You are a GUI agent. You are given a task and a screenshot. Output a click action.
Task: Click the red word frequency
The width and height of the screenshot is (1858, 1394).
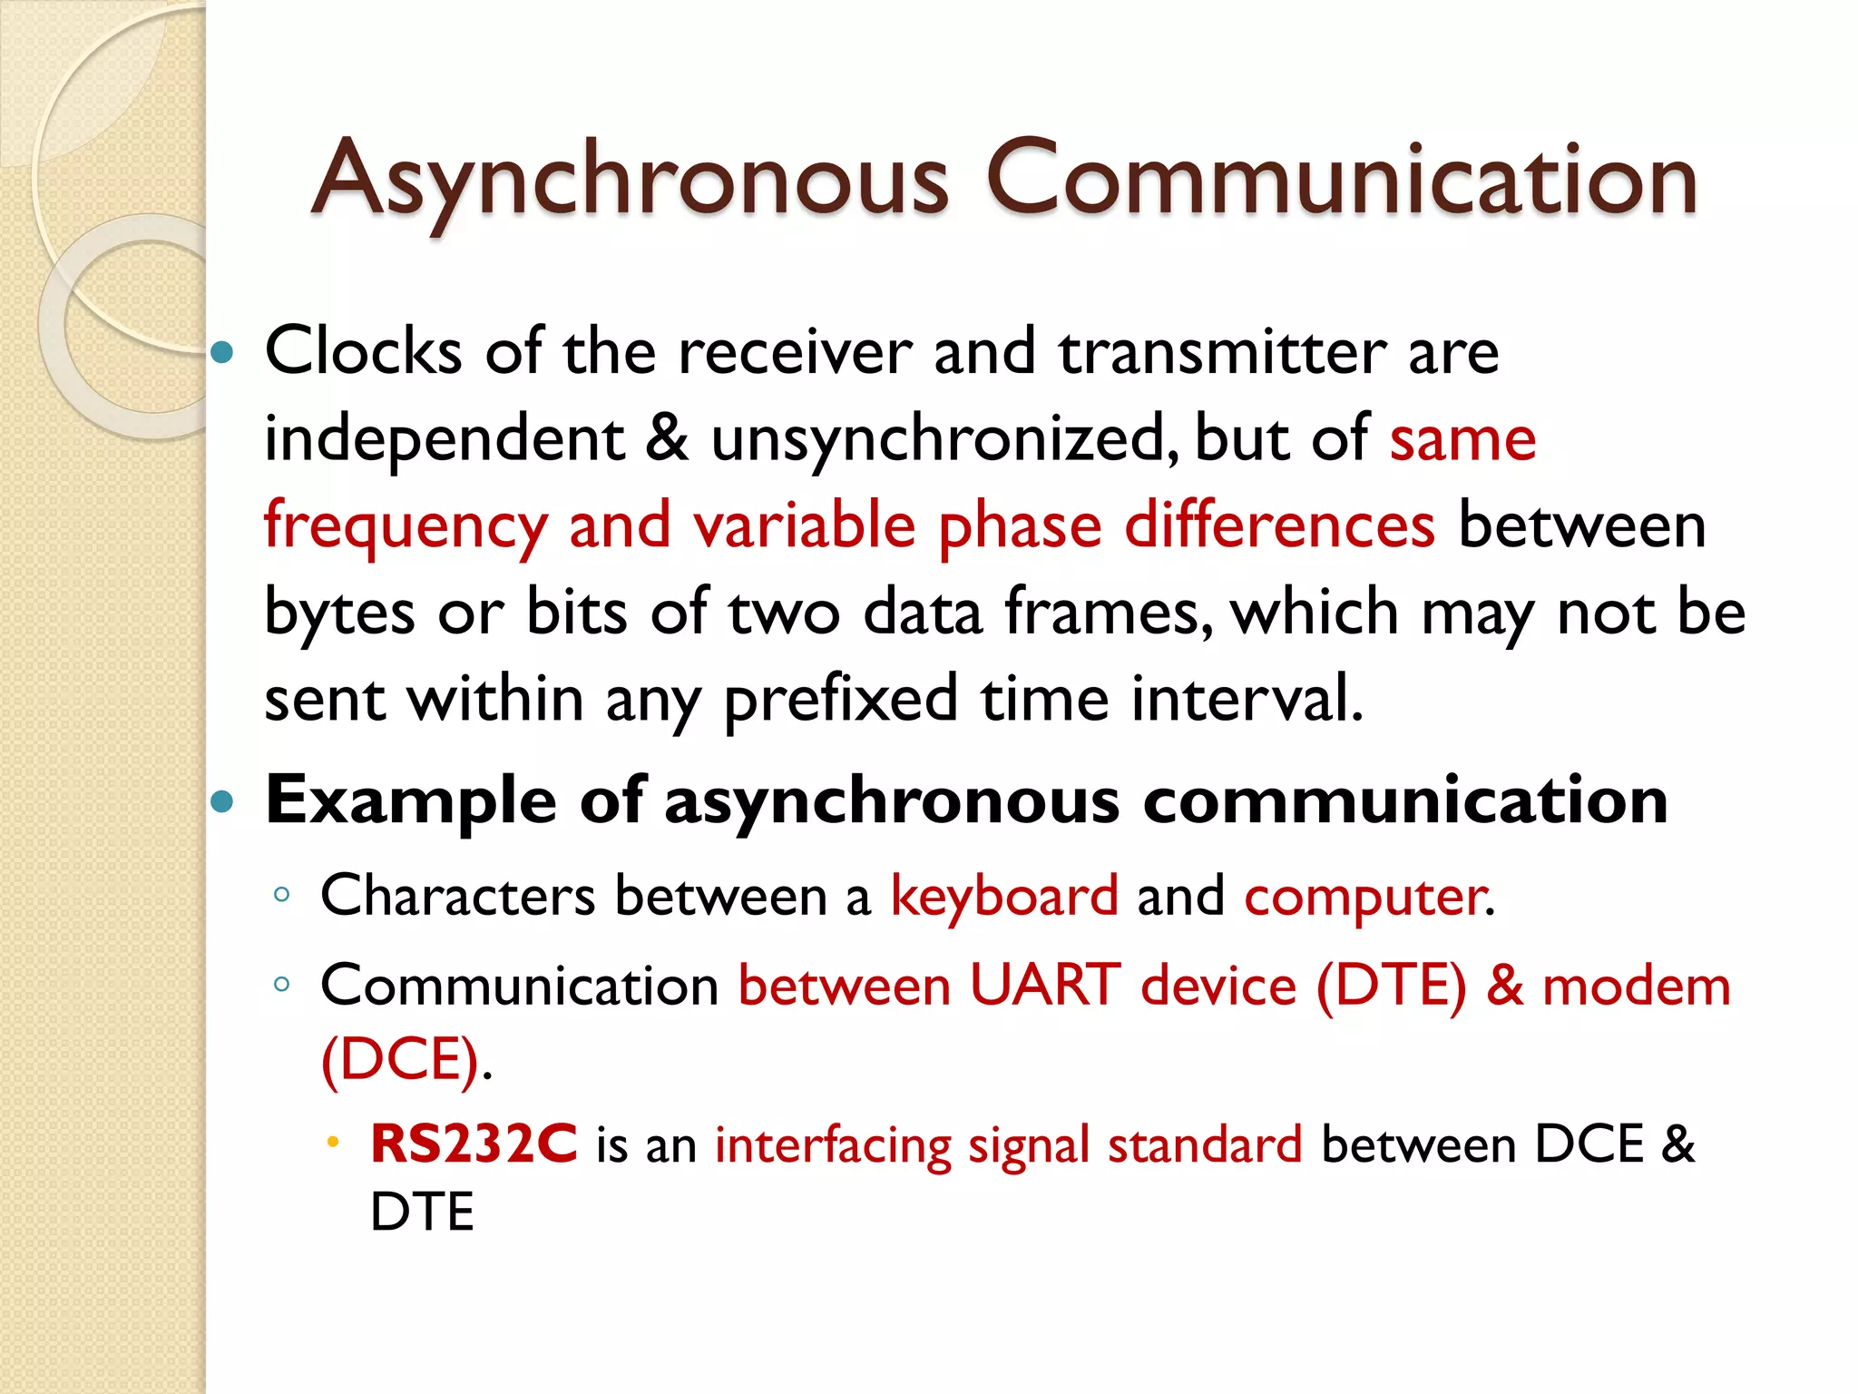pyautogui.click(x=406, y=527)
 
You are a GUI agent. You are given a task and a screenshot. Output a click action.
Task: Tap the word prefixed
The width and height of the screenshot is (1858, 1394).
pyautogui.click(x=840, y=700)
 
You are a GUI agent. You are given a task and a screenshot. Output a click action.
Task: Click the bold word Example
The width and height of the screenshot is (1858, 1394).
pyautogui.click(x=410, y=801)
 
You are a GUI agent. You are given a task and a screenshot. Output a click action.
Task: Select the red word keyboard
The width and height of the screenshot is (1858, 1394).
pyautogui.click(x=1004, y=897)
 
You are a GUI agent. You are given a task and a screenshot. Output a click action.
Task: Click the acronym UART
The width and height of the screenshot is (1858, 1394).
pyautogui.click(x=1044, y=986)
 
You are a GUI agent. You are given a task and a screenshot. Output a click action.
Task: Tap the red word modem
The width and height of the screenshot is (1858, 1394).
pyautogui.click(x=1636, y=986)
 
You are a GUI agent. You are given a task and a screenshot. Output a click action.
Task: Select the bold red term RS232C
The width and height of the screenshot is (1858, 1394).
pyautogui.click(x=474, y=1144)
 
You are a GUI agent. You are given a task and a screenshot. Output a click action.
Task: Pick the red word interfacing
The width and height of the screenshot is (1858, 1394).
pyautogui.click(x=832, y=1145)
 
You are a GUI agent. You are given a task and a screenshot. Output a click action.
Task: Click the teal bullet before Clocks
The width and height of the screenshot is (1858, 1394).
pyautogui.click(x=222, y=352)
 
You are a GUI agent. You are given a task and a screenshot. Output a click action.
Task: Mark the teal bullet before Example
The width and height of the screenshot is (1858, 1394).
pyautogui.click(x=222, y=801)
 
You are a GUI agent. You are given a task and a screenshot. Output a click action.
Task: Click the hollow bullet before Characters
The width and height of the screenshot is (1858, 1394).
pyautogui.click(x=282, y=896)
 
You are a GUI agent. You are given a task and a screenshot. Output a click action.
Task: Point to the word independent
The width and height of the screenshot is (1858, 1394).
pyautogui.click(x=445, y=439)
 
